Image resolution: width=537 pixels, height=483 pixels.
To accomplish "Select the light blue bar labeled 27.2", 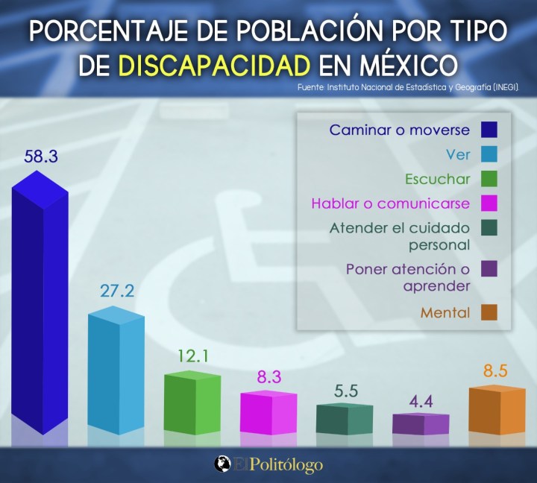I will point(116,373).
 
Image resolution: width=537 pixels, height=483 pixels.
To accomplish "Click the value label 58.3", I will point(40,157).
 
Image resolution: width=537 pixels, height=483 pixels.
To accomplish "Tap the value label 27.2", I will point(116,291).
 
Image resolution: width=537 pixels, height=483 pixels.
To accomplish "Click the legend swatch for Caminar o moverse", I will point(489,130).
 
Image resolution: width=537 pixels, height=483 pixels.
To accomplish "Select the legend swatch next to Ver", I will point(489,154).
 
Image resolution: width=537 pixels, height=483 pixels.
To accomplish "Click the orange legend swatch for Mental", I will point(489,313).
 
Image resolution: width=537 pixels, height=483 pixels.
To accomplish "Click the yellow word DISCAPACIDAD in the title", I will point(214,66).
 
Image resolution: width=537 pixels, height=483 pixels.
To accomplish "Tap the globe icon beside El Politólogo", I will point(222,464).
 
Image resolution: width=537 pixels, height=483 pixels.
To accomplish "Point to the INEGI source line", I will point(407,88).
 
